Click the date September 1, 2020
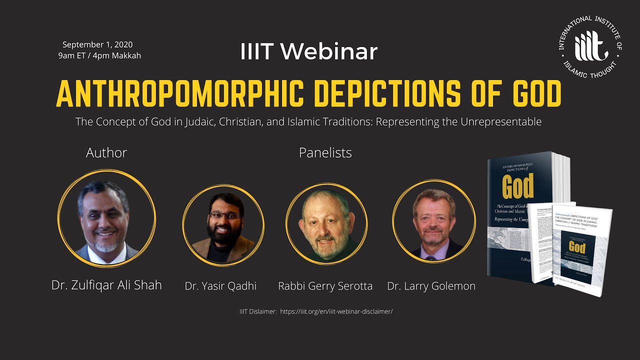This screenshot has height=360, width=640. pos(97,44)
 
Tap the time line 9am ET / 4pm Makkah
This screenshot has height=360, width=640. pos(99,55)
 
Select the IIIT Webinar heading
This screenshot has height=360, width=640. pos(308,52)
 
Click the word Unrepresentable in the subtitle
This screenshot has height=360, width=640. pos(503,121)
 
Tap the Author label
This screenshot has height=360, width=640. pos(106,152)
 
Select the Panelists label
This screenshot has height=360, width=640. pos(325,152)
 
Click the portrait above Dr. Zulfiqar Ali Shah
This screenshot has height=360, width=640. pos(106,218)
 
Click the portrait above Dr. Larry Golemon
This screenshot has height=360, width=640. pos(433,221)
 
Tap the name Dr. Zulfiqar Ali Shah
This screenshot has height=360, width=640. pos(106,285)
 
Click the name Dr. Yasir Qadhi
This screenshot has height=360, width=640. pos(220,286)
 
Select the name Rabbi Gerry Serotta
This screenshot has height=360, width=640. pos(325,286)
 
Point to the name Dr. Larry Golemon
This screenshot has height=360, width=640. pos(431,286)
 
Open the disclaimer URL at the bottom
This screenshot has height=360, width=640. pos(336,311)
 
